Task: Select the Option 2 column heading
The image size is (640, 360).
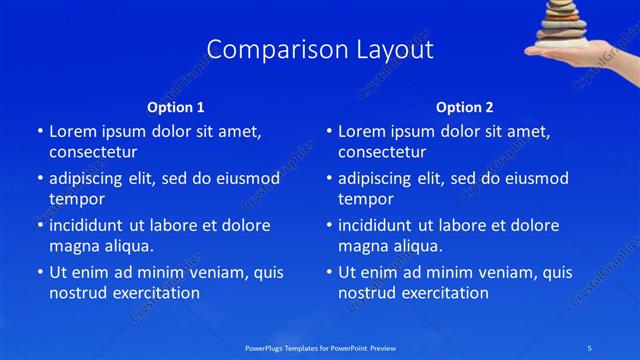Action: [464, 107]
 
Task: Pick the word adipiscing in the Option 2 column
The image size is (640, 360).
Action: [376, 178]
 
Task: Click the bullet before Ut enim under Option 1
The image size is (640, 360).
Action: [39, 272]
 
